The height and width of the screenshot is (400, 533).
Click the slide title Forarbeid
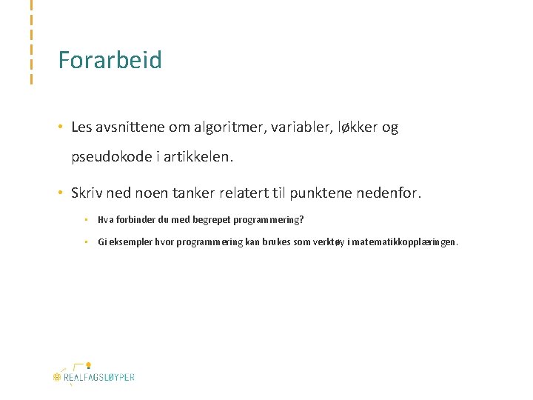click(x=110, y=60)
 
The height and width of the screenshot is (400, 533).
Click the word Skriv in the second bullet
click(x=87, y=194)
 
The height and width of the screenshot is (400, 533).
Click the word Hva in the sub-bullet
click(x=104, y=220)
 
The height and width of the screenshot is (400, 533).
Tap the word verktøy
click(x=311, y=242)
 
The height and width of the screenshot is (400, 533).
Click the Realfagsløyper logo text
click(x=98, y=377)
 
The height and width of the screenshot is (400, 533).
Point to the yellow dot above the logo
click(x=88, y=364)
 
